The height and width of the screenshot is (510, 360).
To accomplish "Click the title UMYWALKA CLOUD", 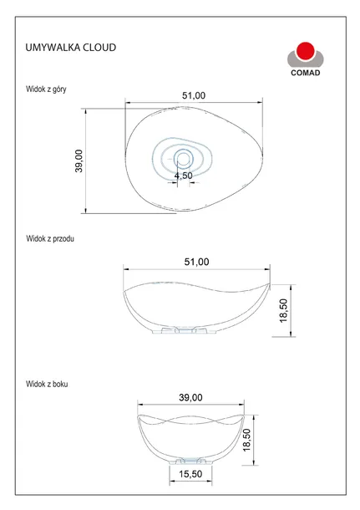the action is click(x=71, y=48).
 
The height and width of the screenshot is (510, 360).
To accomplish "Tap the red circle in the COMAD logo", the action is click(x=306, y=51).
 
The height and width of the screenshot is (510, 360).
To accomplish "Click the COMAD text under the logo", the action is click(x=306, y=73).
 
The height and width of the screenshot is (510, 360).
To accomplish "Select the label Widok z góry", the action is click(x=46, y=89).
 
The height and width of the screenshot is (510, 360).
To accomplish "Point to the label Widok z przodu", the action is click(x=50, y=239).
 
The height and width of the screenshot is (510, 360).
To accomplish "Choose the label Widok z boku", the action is click(x=47, y=384).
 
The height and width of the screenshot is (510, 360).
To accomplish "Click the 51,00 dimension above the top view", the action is click(x=194, y=95).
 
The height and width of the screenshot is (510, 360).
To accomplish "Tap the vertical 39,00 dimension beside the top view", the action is click(x=79, y=161).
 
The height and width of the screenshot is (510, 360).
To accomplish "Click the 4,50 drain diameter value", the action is click(x=184, y=176).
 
